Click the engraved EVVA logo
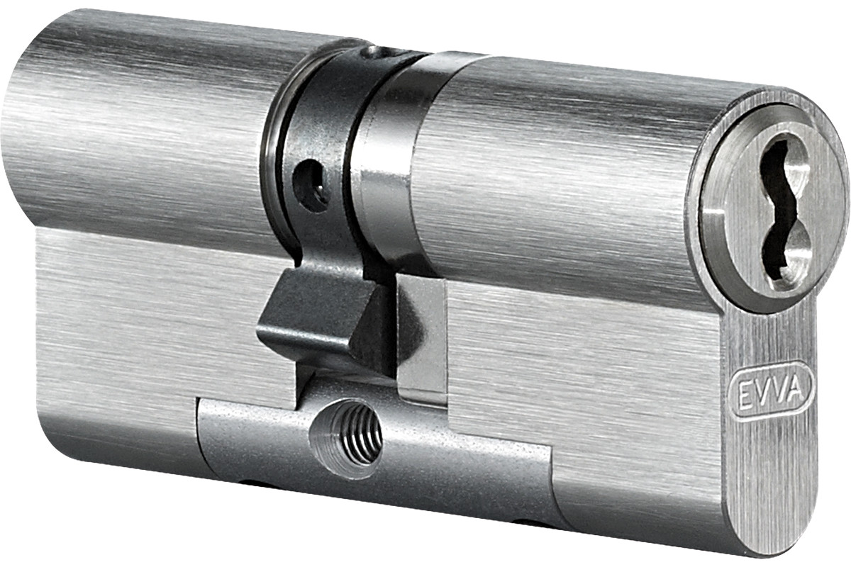(772, 393)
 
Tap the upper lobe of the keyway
(779, 167)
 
